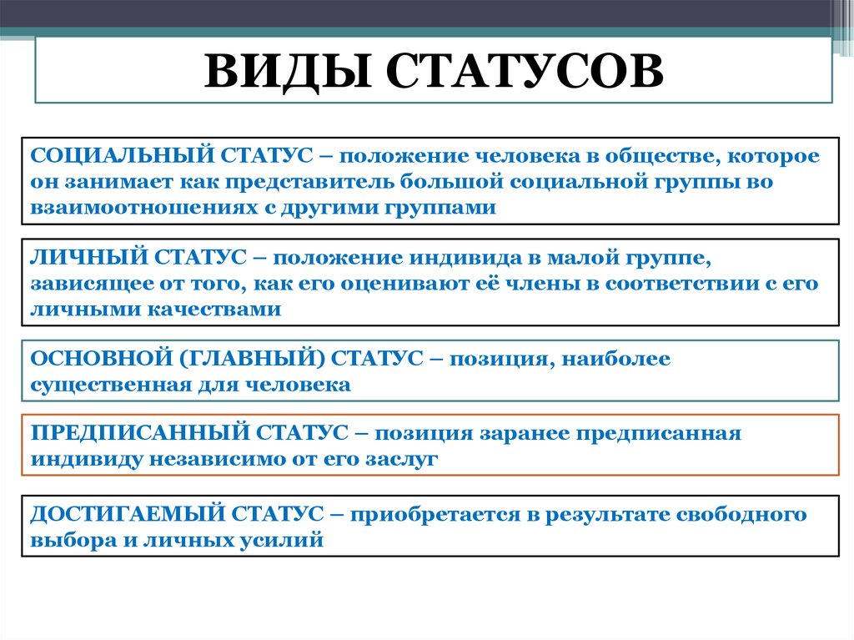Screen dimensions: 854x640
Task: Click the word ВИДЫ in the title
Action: (x=288, y=71)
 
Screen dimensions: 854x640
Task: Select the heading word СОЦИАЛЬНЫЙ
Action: (x=123, y=155)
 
